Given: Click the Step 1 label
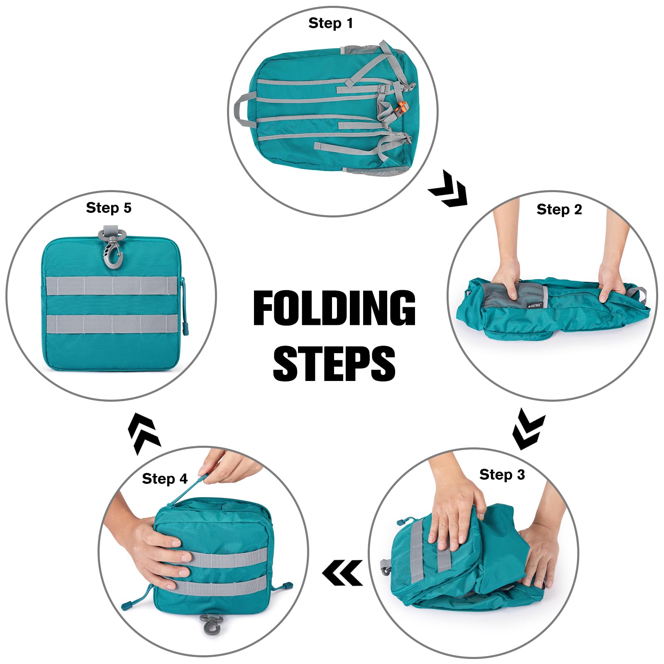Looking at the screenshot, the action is coord(331,23).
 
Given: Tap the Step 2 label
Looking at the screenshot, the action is coord(559,209).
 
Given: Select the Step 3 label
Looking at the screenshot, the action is coord(502,474).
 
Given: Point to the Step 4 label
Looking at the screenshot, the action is coord(165,478).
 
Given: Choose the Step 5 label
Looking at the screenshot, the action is coord(109,207).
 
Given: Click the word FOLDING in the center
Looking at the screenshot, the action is coord(334,308).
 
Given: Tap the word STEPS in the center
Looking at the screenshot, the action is coord(334,364).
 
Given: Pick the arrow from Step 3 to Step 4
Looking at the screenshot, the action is coord(342,573).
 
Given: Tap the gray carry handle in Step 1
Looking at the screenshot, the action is coord(244,109).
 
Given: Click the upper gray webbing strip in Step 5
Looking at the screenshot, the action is coord(112,286).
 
